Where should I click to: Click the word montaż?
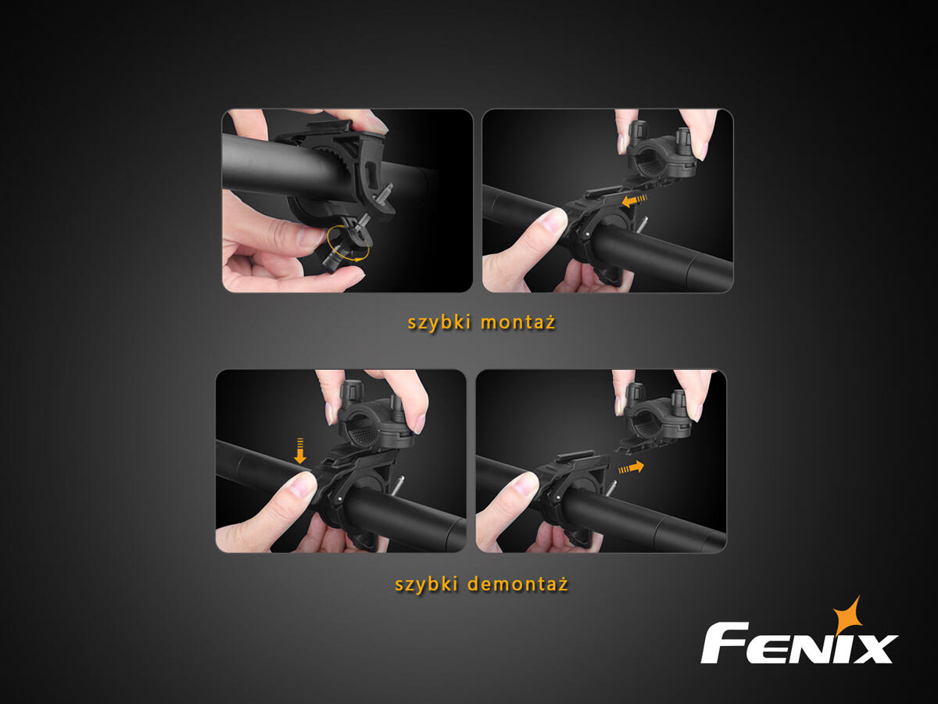518,321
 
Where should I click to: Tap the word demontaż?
518,584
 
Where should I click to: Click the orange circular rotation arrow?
348,243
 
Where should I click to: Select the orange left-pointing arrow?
634,200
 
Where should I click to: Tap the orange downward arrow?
300,451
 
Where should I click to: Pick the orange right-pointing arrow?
631,468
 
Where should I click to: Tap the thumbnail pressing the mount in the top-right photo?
553,221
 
